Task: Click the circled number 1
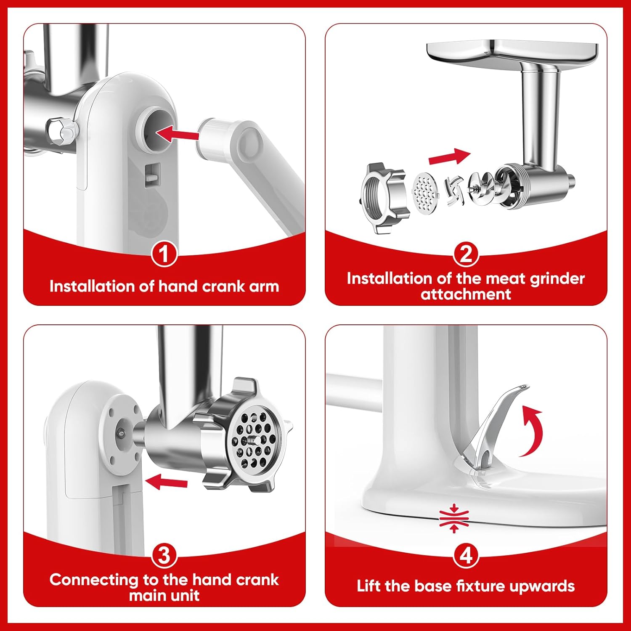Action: coord(164,254)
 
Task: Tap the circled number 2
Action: coord(466,254)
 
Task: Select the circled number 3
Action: coord(164,555)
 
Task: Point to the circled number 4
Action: coord(466,555)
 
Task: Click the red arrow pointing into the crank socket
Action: coord(177,134)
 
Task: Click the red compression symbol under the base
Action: coord(454,518)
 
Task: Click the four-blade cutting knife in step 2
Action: coord(454,191)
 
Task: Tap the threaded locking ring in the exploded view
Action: coord(382,198)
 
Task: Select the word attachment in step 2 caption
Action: coord(466,294)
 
